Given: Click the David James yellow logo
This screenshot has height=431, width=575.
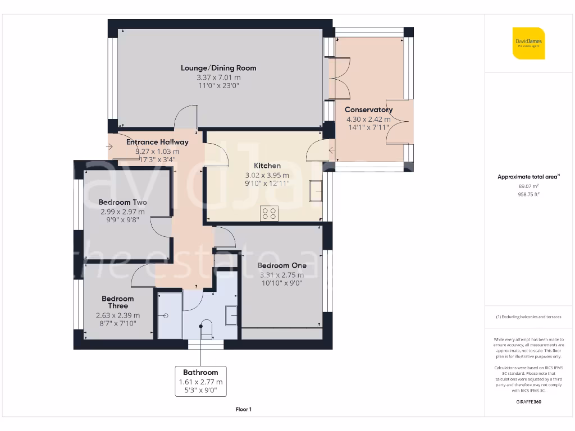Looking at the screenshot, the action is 528,43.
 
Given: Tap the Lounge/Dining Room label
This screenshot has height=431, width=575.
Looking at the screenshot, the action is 218,68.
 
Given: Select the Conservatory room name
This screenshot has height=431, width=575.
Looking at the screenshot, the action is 368,109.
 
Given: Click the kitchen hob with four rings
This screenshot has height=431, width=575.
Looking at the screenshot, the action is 269,213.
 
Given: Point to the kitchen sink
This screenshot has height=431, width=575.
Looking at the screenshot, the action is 316,191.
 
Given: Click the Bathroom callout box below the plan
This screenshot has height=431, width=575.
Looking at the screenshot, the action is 200,381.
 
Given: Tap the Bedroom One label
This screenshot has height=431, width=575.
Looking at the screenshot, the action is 282,265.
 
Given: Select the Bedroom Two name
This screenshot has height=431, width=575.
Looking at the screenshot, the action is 122,202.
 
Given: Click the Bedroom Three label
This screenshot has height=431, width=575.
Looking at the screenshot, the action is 118,302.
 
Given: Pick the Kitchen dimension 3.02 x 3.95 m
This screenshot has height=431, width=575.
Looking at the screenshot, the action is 267,175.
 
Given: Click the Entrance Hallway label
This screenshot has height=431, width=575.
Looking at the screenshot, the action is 157,142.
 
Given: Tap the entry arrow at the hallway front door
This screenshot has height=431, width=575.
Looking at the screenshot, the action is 109,147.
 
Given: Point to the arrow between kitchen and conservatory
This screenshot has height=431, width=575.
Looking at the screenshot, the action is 332,150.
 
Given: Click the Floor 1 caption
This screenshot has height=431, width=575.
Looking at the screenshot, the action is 244,409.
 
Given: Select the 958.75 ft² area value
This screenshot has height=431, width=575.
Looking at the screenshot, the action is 528,194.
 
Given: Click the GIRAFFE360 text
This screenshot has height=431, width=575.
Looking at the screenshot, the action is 528,402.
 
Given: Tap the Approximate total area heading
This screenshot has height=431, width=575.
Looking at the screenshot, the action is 528,177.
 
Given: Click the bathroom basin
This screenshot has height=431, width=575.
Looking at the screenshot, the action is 231,315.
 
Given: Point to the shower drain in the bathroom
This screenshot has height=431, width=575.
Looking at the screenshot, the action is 166,315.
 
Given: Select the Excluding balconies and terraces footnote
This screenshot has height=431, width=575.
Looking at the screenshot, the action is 528,317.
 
